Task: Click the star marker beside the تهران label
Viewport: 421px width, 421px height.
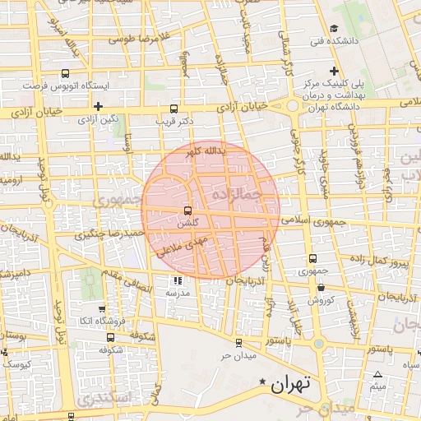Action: click(x=262, y=382)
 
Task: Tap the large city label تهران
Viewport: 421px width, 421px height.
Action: click(x=293, y=383)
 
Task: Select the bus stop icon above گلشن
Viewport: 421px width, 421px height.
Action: click(x=188, y=210)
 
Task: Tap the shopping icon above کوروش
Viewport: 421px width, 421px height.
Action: click(x=320, y=288)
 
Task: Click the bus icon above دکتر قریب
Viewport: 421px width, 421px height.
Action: click(x=173, y=109)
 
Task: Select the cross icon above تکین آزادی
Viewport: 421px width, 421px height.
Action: click(x=98, y=106)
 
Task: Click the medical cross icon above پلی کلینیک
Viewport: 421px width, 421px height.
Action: click(x=333, y=71)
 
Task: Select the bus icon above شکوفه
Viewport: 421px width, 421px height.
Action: click(x=111, y=336)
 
